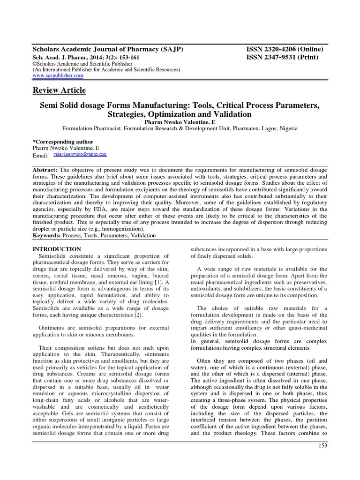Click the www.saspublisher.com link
click(57, 75)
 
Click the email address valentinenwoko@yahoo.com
click(79, 154)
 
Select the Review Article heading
click(59, 90)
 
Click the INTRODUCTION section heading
click(56, 249)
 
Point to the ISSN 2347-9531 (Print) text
click(282, 57)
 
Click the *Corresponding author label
click(62, 142)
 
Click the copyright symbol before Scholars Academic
click(33, 64)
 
